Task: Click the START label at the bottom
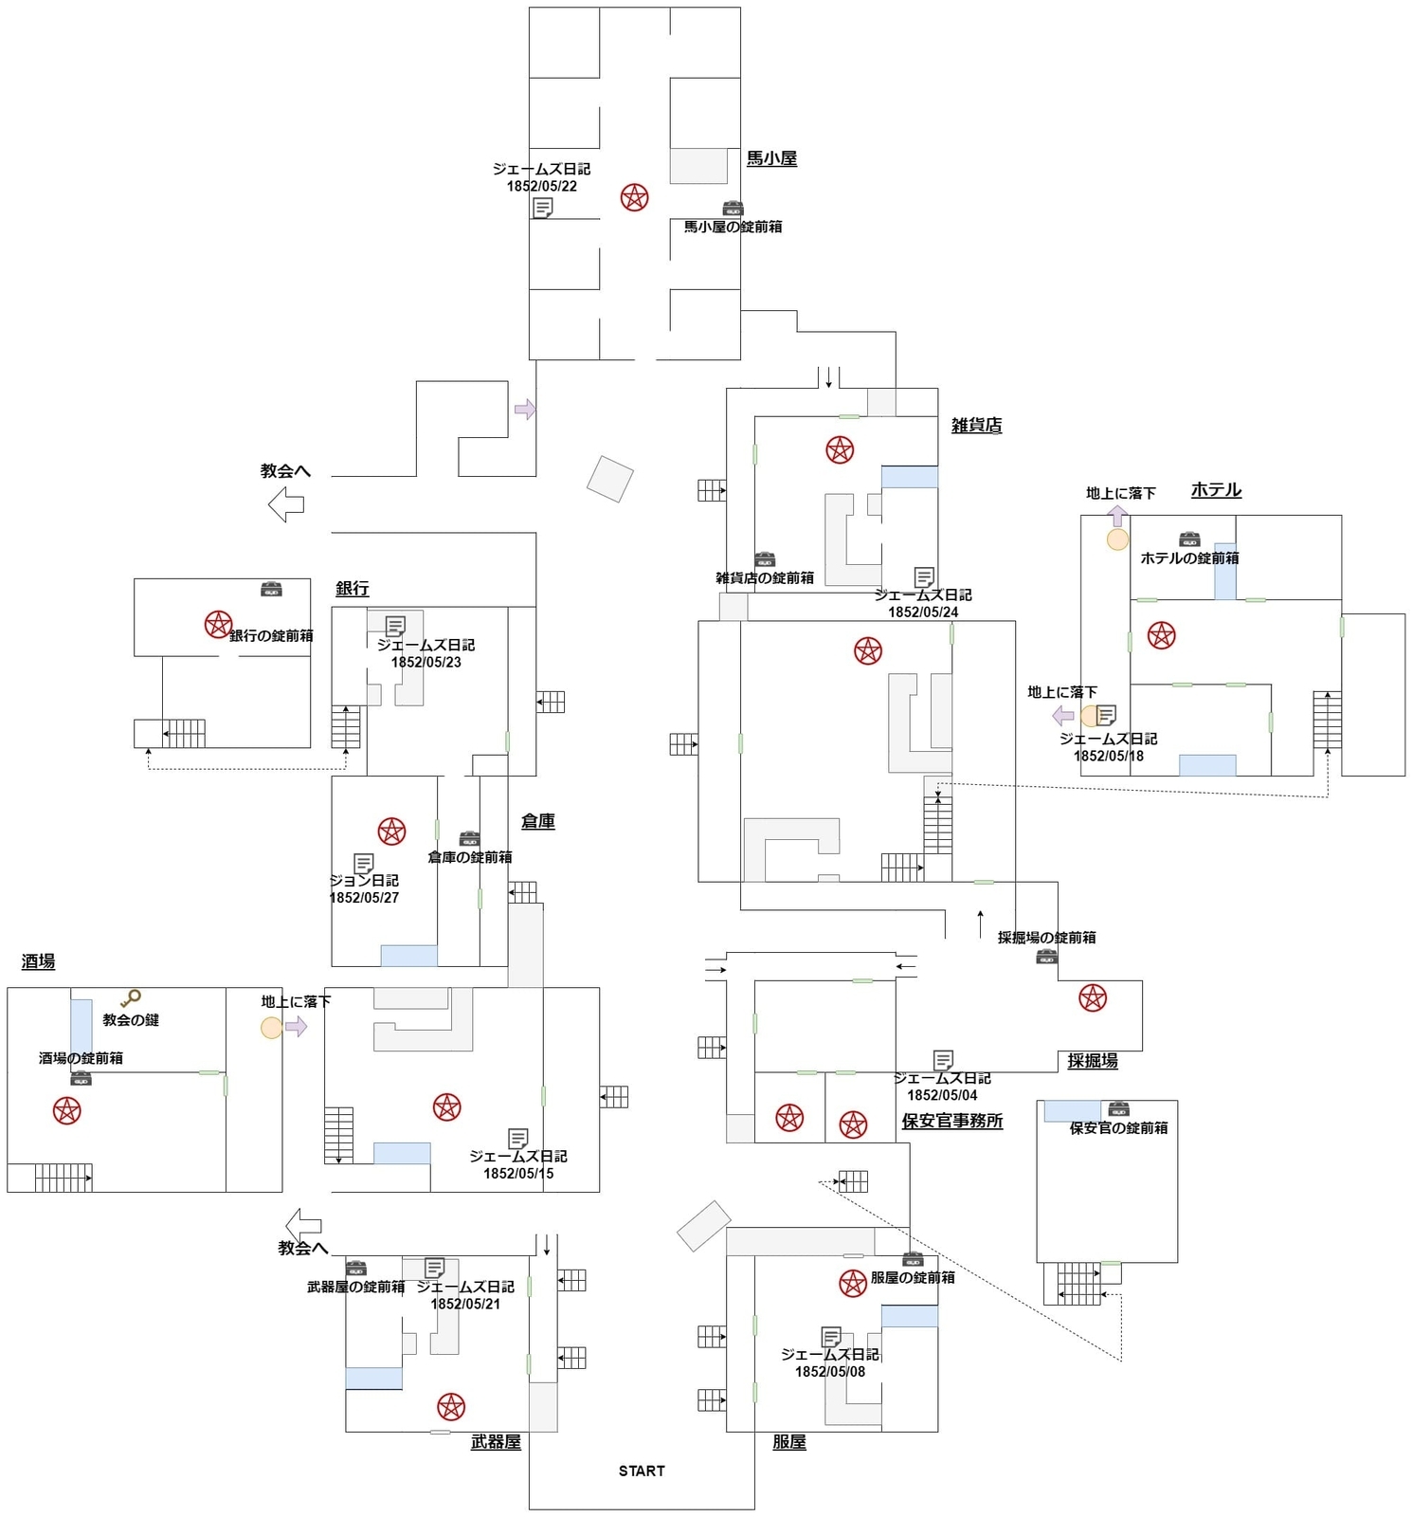tap(642, 1471)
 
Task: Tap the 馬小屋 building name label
tap(771, 158)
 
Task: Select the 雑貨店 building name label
tap(976, 426)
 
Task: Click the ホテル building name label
tap(1216, 490)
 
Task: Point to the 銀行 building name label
tap(352, 589)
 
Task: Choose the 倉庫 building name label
tap(537, 822)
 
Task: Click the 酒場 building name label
tap(38, 961)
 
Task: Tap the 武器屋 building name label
tap(496, 1442)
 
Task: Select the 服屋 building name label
tap(788, 1442)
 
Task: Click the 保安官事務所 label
tap(951, 1121)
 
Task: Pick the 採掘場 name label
tap(1092, 1061)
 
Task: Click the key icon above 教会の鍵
tap(131, 998)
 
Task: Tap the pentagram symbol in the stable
tap(634, 197)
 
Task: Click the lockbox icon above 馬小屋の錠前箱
tap(733, 209)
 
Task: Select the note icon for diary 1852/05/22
tap(542, 208)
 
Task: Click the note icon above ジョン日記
tap(363, 864)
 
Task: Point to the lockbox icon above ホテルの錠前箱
tap(1189, 539)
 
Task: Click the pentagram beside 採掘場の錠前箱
tap(1092, 997)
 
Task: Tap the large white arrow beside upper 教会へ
tap(286, 503)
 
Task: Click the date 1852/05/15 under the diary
tap(518, 1174)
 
